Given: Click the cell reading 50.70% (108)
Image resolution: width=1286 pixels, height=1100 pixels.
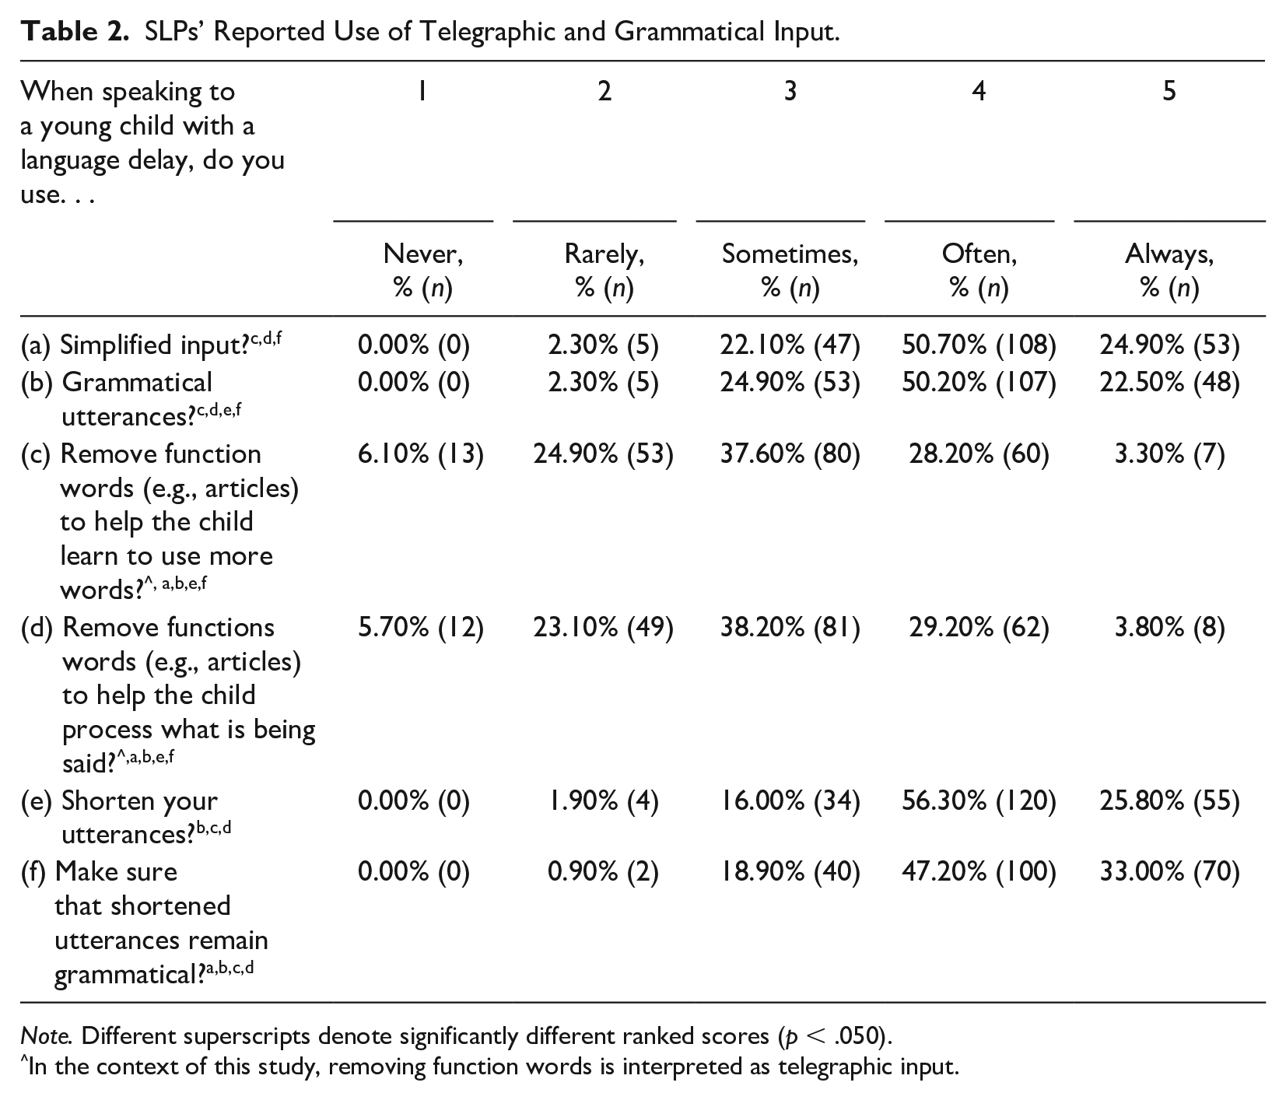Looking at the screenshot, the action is pyautogui.click(x=979, y=345).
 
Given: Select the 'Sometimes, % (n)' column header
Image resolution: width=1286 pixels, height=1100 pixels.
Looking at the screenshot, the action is pyautogui.click(x=790, y=271).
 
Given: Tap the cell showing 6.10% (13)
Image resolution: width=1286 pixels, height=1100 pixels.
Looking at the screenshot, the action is pyautogui.click(x=421, y=454).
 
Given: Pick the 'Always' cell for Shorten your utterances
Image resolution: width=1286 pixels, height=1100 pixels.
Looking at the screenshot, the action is pyautogui.click(x=1169, y=800).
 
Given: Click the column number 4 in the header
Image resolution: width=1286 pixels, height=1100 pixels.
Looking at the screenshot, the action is pyautogui.click(x=979, y=92).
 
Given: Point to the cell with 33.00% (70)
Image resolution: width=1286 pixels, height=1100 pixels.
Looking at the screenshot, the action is pyautogui.click(x=1169, y=872).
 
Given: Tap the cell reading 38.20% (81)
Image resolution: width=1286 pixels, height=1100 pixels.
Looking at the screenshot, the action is pyautogui.click(x=790, y=627).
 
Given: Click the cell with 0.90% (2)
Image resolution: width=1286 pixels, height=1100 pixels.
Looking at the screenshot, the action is pyautogui.click(x=603, y=872).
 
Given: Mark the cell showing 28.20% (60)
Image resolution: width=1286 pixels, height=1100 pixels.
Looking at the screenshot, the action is pyautogui.click(x=979, y=454).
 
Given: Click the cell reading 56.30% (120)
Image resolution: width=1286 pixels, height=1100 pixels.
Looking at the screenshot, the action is pyautogui.click(x=979, y=800).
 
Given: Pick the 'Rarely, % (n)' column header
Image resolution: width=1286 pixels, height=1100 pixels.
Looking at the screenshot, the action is pyautogui.click(x=604, y=271).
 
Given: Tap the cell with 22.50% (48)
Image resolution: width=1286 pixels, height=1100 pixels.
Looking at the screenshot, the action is pyautogui.click(x=1169, y=382).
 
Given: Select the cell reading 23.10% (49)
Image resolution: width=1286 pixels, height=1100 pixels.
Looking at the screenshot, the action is pyautogui.click(x=603, y=627).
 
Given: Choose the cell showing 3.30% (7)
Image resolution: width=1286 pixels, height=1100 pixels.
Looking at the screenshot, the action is pyautogui.click(x=1169, y=454).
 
